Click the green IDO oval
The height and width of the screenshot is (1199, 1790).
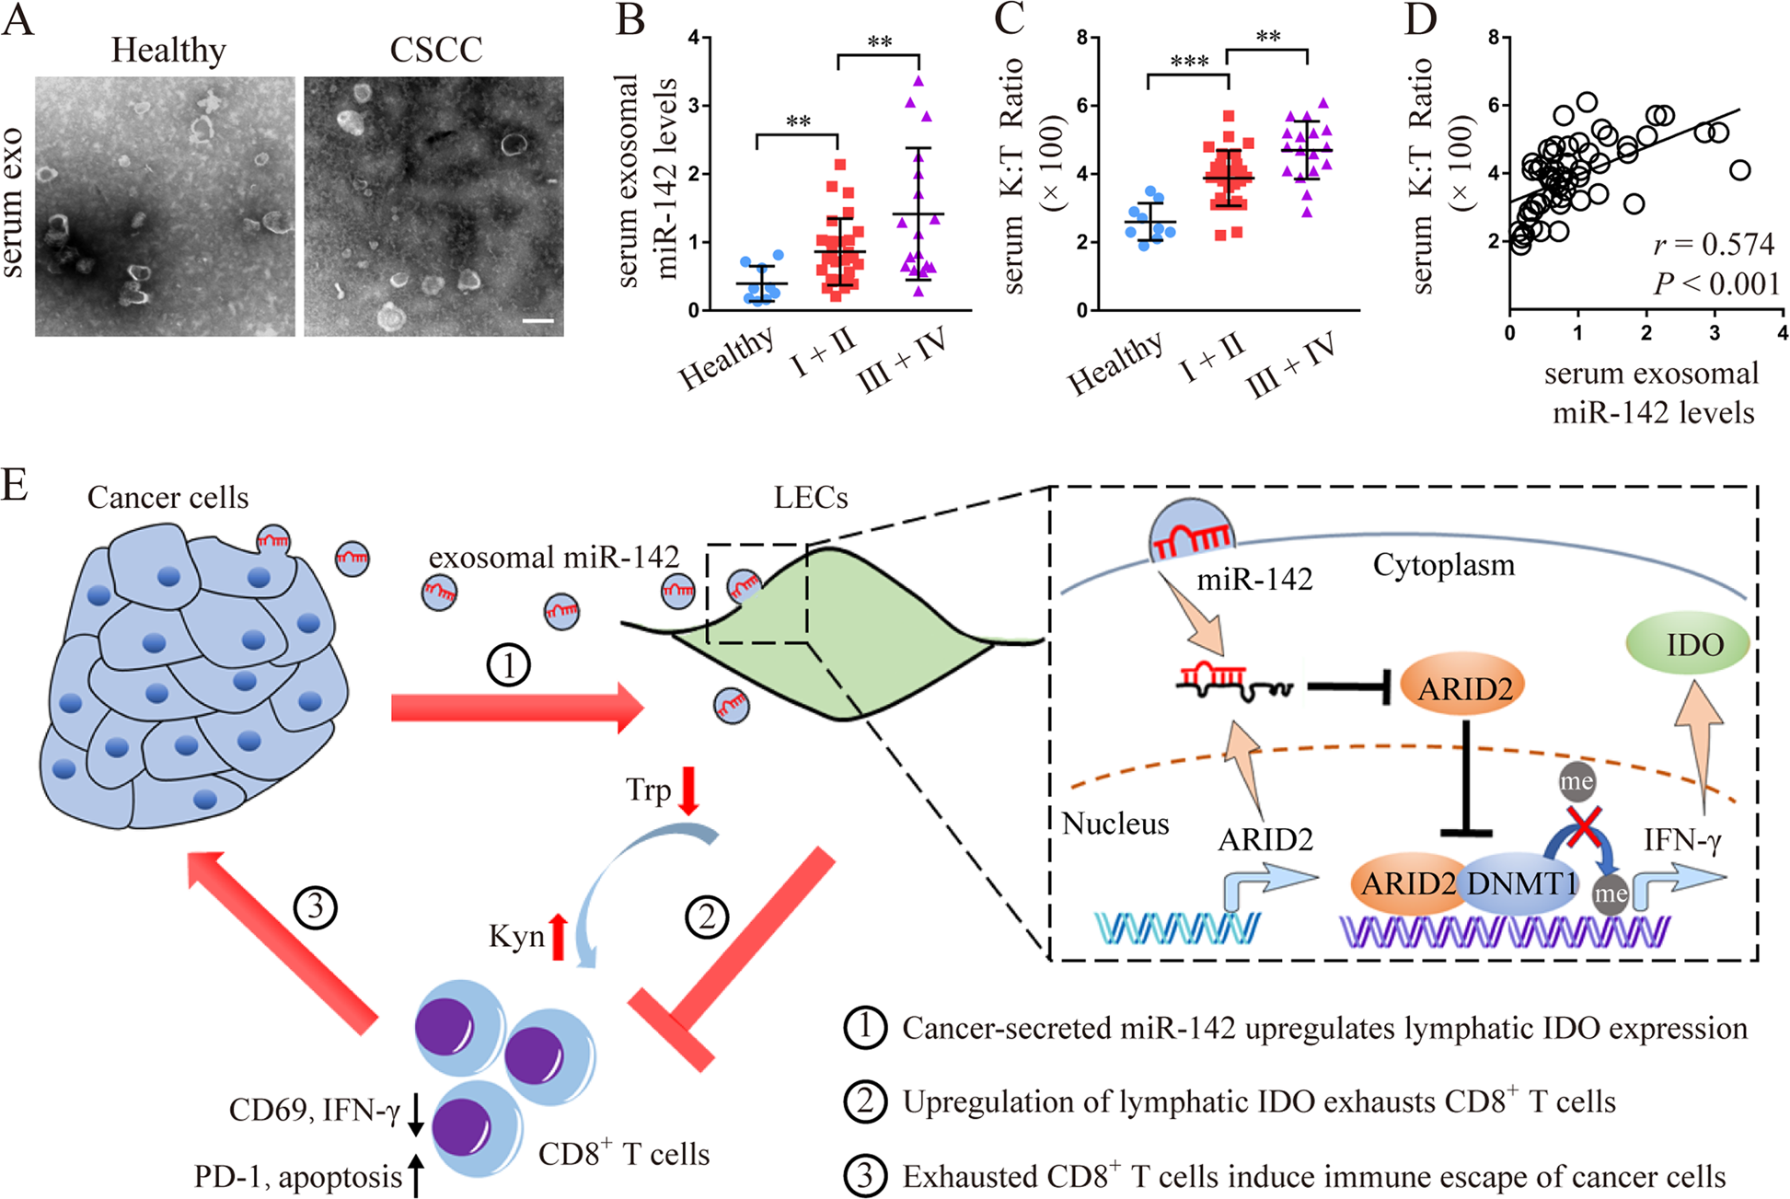tap(1689, 644)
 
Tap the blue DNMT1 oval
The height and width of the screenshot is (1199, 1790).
tap(1520, 883)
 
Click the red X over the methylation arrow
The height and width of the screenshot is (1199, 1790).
tap(1582, 825)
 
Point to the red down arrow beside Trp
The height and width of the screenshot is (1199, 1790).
tap(687, 790)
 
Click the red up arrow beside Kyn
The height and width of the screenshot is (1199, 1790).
tap(558, 937)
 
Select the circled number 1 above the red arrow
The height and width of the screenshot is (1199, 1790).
tap(508, 664)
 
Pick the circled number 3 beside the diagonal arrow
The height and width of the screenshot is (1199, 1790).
tap(315, 908)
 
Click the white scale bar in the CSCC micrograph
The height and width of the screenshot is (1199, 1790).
tap(538, 321)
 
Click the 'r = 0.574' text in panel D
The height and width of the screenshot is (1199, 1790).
tap(1713, 245)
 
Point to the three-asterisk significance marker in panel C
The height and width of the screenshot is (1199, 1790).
tap(1189, 63)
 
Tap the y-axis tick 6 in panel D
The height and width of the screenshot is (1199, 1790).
tap(1494, 105)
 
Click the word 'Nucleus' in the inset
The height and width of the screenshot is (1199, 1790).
tap(1114, 824)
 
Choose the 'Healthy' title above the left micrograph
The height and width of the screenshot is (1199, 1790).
tap(168, 50)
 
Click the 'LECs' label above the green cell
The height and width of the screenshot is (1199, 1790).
tap(810, 498)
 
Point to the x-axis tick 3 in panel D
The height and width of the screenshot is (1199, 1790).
tap(1715, 333)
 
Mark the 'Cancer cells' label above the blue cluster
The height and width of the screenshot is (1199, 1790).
tap(167, 498)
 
